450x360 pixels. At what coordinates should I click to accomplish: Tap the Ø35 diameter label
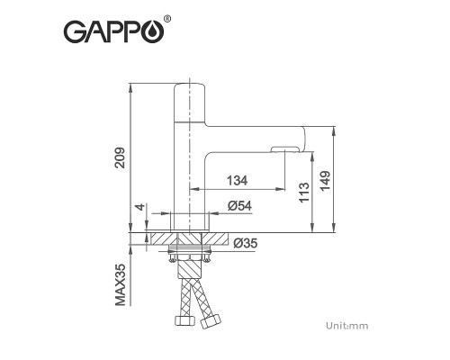tap(245, 242)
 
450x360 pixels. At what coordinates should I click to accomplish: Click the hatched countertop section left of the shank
tap(162, 239)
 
